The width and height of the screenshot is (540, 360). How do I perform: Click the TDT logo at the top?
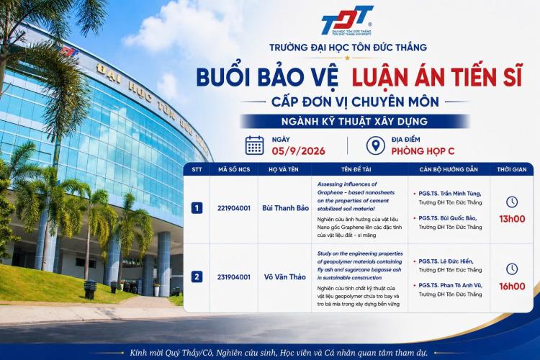[x=347, y=20]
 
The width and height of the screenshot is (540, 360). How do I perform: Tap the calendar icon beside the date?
[x=254, y=145]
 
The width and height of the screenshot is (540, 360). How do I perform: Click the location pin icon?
[x=375, y=145]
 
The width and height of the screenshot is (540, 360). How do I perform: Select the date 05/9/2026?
[x=298, y=151]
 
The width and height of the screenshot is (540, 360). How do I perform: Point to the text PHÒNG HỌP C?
[x=423, y=151]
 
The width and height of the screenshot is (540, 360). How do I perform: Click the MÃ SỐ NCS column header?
[x=234, y=169]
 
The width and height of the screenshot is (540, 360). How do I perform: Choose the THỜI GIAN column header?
[x=511, y=169]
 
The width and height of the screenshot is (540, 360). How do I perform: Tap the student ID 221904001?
[x=234, y=208]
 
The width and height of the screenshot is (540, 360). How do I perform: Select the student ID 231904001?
[x=234, y=277]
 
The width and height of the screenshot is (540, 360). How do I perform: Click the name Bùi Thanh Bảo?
[x=286, y=208]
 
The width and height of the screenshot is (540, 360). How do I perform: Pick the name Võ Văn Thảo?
[x=285, y=277]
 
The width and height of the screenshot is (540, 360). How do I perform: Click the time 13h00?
[x=512, y=219]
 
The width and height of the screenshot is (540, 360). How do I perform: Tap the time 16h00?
[x=512, y=287]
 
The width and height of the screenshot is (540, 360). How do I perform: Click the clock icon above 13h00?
[x=512, y=202]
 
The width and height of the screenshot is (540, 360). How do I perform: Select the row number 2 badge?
[x=197, y=276]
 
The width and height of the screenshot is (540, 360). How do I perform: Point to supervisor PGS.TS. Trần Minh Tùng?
[x=450, y=194]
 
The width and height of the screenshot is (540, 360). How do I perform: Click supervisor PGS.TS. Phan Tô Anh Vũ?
[x=451, y=285]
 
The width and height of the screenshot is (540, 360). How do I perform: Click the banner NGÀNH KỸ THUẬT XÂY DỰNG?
[x=354, y=121]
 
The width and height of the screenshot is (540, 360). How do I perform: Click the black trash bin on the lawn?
[x=90, y=289]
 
